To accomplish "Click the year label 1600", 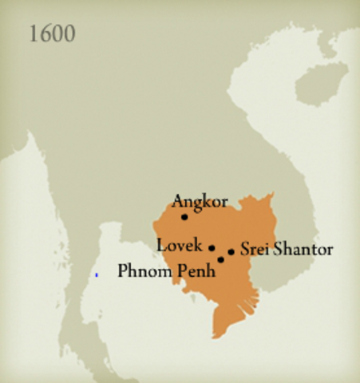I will coord(53,34).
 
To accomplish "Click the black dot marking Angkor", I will coord(184,216).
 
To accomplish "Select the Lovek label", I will coord(180,245).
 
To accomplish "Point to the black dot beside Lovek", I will coord(212,247).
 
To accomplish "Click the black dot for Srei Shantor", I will coord(231,252).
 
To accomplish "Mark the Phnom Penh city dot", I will coord(220,259).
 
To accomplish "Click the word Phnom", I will coord(144,271).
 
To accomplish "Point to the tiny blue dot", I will coord(97,275).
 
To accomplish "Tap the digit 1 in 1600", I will coord(33,34).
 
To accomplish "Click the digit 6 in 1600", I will coord(45,34).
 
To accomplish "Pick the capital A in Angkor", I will coord(178,200).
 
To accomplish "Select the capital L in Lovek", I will coord(161,245).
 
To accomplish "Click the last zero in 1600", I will coord(70,34).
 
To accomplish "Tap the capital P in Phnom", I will coord(123,271).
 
